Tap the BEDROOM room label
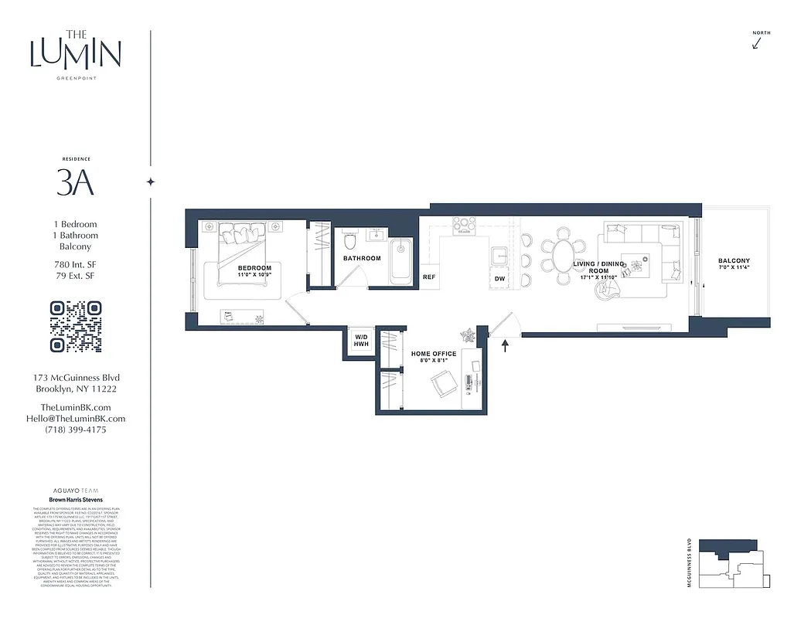[x=254, y=268]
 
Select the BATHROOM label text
[x=362, y=258]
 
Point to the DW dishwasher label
[x=499, y=279]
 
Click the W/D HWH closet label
[x=361, y=341]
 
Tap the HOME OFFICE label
[x=433, y=354]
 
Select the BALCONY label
[x=733, y=261]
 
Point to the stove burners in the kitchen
[x=464, y=225]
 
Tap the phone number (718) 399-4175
[x=75, y=430]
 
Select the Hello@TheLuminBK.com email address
[x=75, y=419]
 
